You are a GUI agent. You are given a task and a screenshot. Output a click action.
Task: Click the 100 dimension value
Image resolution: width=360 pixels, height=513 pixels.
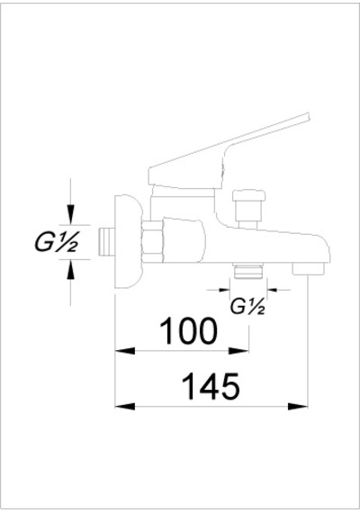[x=188, y=331]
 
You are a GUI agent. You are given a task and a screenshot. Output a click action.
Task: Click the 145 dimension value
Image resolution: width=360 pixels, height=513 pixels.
[x=211, y=386]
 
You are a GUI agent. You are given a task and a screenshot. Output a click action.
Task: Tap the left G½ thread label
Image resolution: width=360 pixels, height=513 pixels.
[x=57, y=242]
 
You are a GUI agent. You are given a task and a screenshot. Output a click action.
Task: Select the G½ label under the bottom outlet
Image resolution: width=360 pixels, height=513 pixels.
[x=247, y=307]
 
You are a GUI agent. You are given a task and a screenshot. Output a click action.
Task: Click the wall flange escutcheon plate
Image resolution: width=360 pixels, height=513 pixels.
[x=128, y=242]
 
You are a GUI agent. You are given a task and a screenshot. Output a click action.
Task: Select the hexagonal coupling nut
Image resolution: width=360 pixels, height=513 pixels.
[x=152, y=241]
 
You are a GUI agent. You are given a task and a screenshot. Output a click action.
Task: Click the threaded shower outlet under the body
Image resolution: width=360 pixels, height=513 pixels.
[x=248, y=271]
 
